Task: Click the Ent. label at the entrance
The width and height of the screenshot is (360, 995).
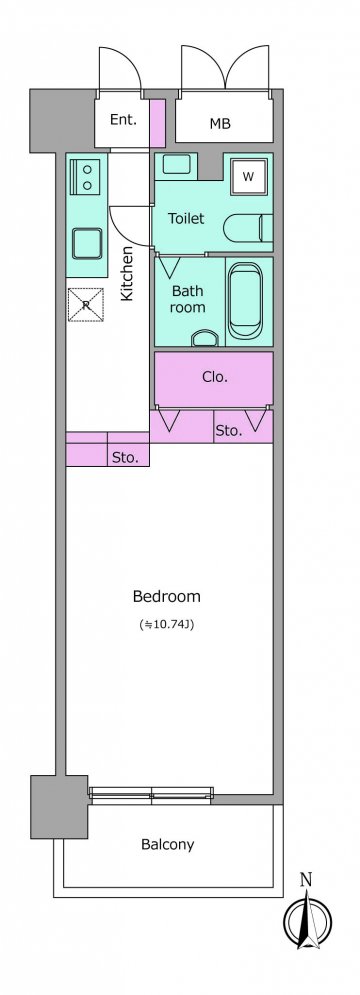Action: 123,119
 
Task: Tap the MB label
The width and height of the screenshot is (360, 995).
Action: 220,124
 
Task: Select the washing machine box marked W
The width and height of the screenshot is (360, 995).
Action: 248,176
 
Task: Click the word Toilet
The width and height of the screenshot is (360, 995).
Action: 186,218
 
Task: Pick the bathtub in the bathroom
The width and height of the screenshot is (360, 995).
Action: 246,301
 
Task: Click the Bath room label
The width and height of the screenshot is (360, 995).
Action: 188,299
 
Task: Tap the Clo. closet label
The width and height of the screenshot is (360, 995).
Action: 215,376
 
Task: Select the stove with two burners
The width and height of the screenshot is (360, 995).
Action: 87,176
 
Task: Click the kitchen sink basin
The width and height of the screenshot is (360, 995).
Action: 87,243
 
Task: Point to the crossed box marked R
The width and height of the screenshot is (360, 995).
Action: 86,305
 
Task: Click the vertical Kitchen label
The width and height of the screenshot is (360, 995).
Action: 127,273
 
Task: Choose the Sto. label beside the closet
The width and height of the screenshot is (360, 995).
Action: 229,432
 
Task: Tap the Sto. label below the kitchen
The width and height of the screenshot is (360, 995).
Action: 126,457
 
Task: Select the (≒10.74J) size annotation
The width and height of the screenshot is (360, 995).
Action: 166,624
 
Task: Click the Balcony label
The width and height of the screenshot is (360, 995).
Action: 168,845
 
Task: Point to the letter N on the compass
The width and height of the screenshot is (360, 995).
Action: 306,880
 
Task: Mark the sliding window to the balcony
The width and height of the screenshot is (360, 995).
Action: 151,793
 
